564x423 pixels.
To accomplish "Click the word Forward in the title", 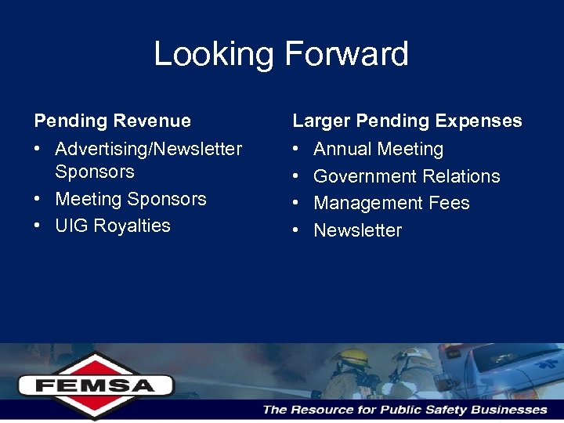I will [x=346, y=54].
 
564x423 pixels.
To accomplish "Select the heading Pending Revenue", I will [x=113, y=121].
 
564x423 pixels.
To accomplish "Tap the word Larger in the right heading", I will [x=321, y=121].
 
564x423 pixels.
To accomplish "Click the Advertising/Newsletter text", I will [x=149, y=149].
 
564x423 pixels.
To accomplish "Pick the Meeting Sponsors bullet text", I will [x=131, y=199].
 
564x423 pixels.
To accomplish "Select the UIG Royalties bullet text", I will [x=113, y=226].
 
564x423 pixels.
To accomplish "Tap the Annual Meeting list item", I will [x=378, y=149].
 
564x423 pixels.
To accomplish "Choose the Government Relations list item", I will [x=407, y=176].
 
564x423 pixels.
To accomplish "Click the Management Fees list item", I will [x=392, y=203].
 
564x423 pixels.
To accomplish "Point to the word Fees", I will [x=450, y=203].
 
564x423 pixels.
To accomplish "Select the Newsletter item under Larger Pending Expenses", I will [x=358, y=230].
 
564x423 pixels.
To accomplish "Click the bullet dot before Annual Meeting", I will [x=297, y=149].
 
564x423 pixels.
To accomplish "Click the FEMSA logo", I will [x=96, y=385].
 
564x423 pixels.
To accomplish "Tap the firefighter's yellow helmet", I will [x=350, y=357].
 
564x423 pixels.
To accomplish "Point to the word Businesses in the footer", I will [x=510, y=410].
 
